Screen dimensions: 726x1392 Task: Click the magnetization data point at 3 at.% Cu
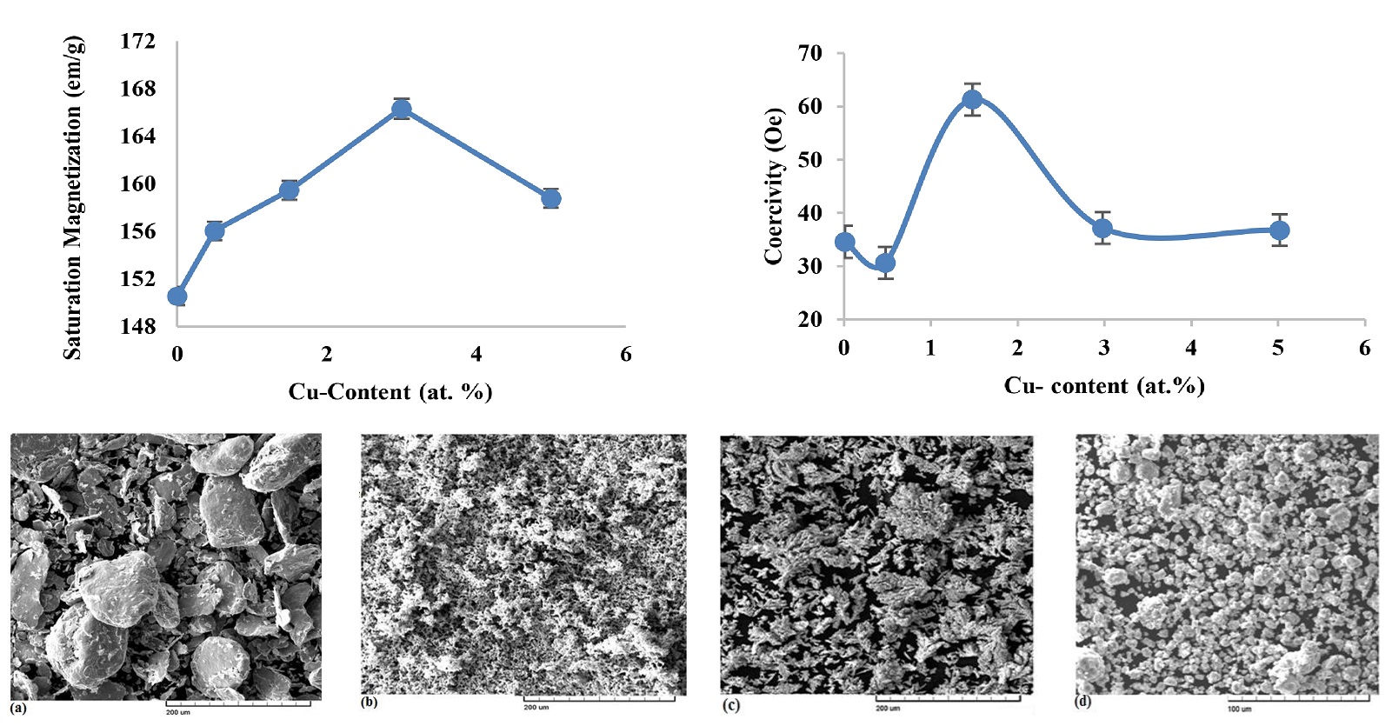(401, 109)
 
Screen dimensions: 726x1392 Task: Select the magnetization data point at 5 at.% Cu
(550, 198)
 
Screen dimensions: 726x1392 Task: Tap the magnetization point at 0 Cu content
(177, 296)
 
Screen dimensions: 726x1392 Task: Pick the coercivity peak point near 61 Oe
(972, 99)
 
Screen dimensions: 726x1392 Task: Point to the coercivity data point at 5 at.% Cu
(1279, 230)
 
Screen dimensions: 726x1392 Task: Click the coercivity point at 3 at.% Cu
(1102, 228)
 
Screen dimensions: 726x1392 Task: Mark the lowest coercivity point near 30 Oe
(885, 263)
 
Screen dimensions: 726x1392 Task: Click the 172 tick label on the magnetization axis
(137, 42)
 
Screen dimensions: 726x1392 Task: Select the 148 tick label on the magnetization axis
(137, 326)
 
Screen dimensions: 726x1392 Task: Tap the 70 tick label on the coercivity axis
(809, 53)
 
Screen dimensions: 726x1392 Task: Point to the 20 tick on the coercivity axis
(809, 319)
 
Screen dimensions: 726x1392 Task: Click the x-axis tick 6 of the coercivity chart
(1364, 349)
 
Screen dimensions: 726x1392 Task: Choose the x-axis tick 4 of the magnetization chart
(476, 354)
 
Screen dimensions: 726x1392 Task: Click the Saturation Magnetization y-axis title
(73, 198)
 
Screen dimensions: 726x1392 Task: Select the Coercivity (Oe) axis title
(774, 186)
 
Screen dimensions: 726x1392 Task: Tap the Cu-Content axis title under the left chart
(390, 392)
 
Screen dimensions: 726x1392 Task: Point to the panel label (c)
(731, 705)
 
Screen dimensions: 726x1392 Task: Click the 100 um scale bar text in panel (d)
(1239, 709)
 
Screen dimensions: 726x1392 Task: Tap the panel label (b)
(370, 703)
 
